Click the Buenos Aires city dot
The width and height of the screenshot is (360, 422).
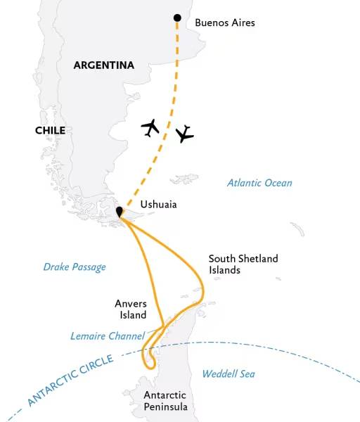tap(176, 18)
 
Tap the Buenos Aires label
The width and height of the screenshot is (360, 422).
tap(225, 23)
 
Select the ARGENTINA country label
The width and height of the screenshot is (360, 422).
tap(103, 65)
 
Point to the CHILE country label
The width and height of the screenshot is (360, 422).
tap(50, 130)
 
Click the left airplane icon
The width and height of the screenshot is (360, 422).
tap(150, 127)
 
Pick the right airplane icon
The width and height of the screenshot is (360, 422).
tap(184, 133)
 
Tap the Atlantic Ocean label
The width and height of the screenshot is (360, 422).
tap(259, 183)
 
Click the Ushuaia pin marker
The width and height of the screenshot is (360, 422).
tap(120, 211)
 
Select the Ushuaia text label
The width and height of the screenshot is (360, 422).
tap(158, 205)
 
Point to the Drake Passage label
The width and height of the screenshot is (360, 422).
tap(75, 267)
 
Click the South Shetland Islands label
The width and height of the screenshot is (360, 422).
tap(243, 264)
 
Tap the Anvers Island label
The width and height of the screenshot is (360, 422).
tap(131, 309)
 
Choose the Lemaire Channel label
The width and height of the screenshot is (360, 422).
tap(108, 336)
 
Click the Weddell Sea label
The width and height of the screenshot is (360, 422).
tap(229, 374)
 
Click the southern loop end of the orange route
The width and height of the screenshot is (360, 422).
tap(148, 364)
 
